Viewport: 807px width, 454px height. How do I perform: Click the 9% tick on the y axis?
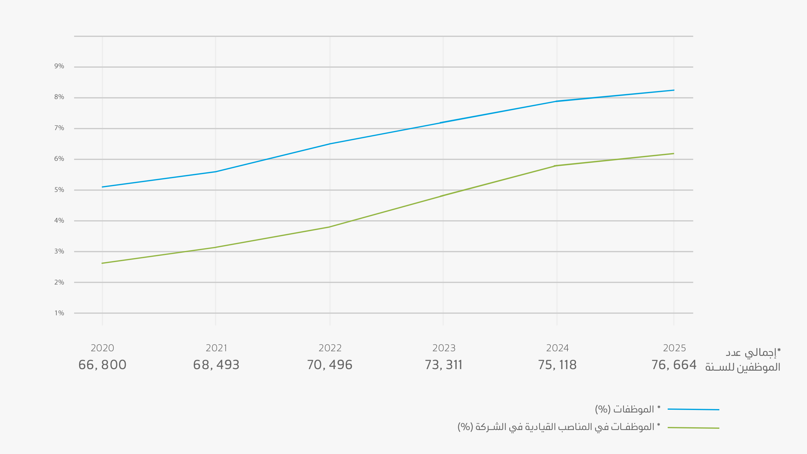coord(59,66)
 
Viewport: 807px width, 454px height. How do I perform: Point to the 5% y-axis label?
coord(59,190)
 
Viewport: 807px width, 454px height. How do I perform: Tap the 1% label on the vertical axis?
coord(59,313)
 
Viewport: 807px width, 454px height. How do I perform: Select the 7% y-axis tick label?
coord(59,128)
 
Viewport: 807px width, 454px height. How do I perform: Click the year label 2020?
coord(102,348)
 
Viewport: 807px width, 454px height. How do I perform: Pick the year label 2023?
coord(443,348)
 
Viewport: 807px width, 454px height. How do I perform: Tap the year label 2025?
coord(674,348)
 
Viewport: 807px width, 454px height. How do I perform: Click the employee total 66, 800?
coord(102,365)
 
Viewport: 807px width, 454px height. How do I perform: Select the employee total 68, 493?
coord(216,365)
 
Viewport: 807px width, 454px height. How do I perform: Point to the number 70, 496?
coord(330,365)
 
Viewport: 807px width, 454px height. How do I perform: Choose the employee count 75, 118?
coord(557,365)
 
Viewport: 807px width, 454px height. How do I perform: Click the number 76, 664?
coord(674,365)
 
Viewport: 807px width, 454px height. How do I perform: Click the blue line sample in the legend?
coord(693,409)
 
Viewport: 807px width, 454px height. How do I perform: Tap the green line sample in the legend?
coord(693,428)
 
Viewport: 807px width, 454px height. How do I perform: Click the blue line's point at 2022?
coord(330,144)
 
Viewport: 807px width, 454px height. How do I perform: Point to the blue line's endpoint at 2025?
coord(674,90)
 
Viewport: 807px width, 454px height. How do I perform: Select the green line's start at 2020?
coord(102,263)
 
